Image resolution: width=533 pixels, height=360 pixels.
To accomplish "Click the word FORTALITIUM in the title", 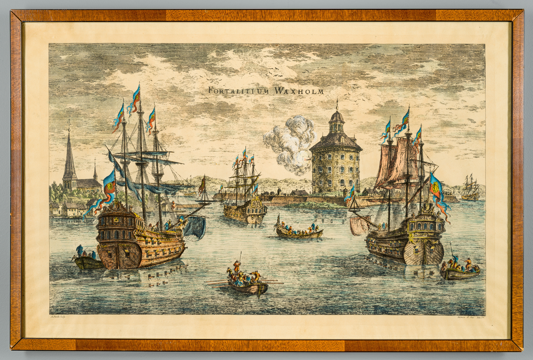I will pyautogui.click(x=239, y=91).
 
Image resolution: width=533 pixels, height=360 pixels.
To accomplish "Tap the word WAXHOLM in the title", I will pyautogui.click(x=299, y=91).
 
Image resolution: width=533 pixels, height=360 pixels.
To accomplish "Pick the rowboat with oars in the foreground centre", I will pyautogui.click(x=247, y=285).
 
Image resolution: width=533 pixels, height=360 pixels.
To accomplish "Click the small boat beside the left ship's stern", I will pyautogui.click(x=87, y=262).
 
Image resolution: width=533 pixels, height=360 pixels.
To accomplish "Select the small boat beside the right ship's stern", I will pyautogui.click(x=460, y=272).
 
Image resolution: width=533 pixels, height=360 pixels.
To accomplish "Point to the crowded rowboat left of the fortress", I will pyautogui.click(x=298, y=232).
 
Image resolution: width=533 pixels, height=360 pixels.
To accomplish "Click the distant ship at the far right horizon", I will pyautogui.click(x=470, y=189).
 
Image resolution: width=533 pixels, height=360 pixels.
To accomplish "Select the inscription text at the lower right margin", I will pyautogui.click(x=469, y=318).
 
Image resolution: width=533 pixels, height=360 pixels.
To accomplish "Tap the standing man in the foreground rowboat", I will pyautogui.click(x=237, y=266).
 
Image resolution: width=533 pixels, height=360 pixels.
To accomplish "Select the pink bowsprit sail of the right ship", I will pyautogui.click(x=358, y=225).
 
